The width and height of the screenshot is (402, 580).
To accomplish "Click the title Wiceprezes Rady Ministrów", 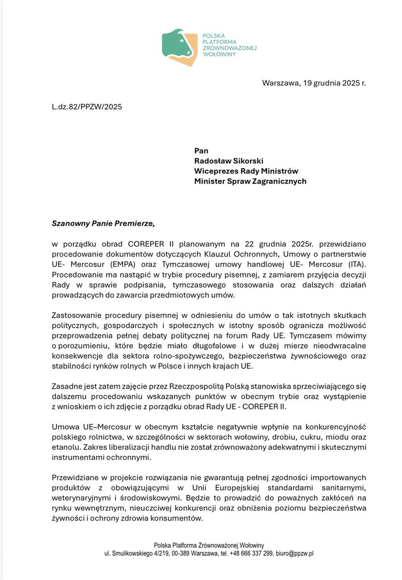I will point(246,171).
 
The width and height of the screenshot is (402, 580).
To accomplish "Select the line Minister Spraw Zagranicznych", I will point(250,181).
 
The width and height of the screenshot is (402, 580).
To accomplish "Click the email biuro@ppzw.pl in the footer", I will point(296,554).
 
